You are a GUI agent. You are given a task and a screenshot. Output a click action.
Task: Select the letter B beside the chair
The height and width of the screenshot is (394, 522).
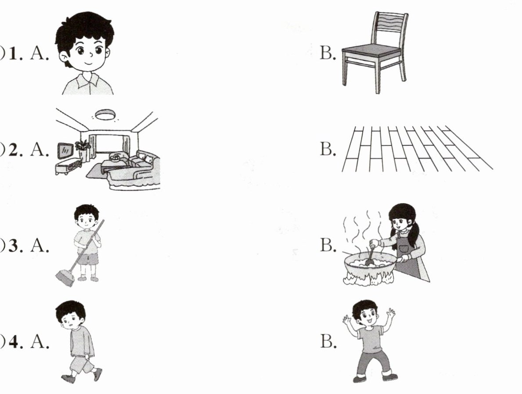click(327, 53)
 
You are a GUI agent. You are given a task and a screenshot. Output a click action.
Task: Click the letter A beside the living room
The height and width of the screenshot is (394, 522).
click(39, 149)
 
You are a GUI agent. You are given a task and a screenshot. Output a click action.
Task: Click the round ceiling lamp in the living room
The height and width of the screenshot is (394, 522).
click(105, 115)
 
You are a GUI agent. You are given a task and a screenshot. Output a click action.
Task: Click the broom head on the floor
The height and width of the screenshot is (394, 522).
click(65, 278)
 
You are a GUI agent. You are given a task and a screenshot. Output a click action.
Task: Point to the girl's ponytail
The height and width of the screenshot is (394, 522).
click(413, 234)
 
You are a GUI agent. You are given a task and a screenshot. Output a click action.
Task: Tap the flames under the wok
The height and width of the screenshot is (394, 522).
click(368, 278)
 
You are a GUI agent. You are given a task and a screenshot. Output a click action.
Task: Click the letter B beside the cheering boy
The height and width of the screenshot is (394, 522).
click(328, 341)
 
